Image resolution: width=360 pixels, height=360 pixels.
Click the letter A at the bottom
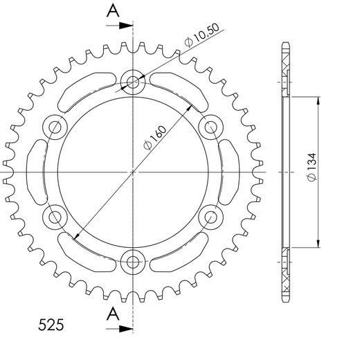(x=111, y=315)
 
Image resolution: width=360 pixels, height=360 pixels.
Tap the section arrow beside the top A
(x=125, y=26)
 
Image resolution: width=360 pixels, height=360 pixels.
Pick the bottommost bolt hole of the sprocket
(x=132, y=262)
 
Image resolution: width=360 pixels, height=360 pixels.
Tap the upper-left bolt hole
(x=54, y=127)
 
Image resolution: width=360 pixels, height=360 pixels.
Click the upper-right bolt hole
(x=210, y=127)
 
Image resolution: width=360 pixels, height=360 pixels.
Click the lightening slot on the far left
(x=36, y=172)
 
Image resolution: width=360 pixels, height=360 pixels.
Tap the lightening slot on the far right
(x=228, y=172)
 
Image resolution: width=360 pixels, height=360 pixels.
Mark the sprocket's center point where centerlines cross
(x=132, y=172)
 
